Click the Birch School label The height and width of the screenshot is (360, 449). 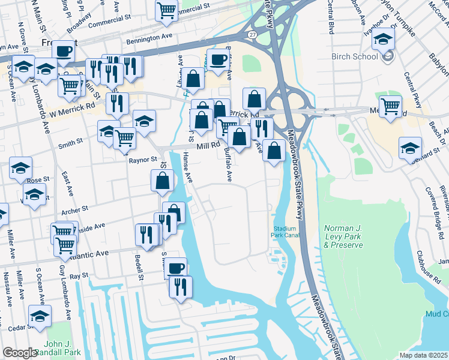point(354,56)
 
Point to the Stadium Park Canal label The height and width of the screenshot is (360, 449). point(285,232)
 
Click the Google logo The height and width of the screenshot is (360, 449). point(20,353)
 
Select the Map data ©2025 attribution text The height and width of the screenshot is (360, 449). point(423,355)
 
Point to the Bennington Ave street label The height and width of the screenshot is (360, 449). point(149,38)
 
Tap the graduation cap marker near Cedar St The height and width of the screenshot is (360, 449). point(40,316)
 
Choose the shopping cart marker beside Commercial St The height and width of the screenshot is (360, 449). point(166,10)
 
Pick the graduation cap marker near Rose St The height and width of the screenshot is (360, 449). point(21,169)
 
